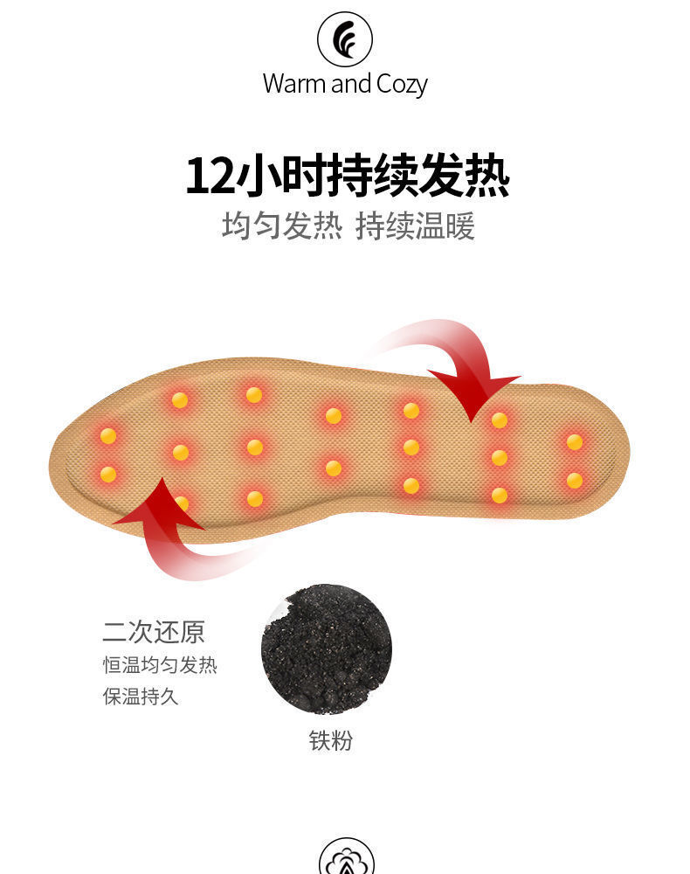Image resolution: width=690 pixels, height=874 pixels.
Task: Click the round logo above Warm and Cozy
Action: coord(345,39)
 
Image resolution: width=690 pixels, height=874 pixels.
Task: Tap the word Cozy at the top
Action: coord(402,86)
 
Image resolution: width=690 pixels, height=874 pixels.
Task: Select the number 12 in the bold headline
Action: coord(208,176)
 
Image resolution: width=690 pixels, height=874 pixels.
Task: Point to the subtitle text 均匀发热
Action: coord(281,226)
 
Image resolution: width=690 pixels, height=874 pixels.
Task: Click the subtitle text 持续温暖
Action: coord(415,226)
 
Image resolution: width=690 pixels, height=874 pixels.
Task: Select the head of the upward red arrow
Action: coord(161,504)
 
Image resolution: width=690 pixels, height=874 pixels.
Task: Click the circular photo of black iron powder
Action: coord(327,649)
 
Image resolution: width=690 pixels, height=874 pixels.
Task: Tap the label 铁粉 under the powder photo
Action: coord(331,740)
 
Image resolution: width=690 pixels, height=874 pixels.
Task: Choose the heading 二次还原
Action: coord(154,632)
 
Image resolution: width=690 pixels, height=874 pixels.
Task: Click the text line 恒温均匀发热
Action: coord(160,665)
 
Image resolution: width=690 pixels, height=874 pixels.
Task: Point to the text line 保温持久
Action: coord(141,697)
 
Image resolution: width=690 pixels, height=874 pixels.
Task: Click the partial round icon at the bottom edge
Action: coord(346,857)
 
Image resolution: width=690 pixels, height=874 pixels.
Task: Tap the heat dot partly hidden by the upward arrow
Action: coord(182,504)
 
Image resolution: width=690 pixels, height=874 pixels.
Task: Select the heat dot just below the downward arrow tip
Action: coord(500,420)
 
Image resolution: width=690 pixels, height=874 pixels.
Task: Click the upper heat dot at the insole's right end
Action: coord(574,442)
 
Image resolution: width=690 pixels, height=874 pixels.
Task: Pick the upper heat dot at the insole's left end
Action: coord(108,436)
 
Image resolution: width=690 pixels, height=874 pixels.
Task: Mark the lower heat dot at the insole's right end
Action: coord(574,481)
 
